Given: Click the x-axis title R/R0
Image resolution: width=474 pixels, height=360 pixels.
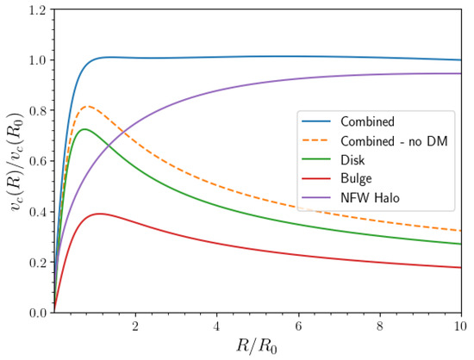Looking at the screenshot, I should click(x=257, y=347).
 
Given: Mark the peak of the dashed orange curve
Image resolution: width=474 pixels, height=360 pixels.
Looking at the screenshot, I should click(x=87, y=107).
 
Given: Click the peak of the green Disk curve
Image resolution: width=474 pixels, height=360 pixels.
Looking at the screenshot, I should click(x=84, y=129).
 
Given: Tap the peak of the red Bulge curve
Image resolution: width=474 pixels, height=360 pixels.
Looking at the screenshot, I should click(x=100, y=214).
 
